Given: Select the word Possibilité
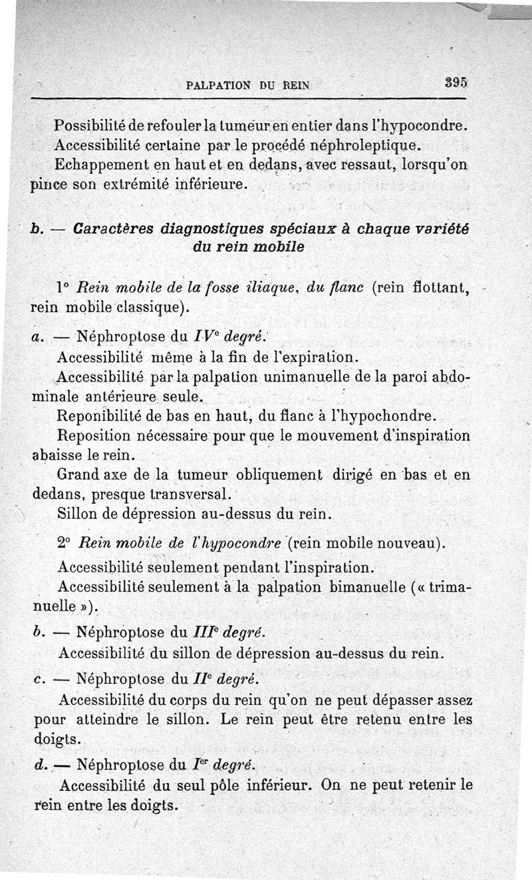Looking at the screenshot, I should pos(96,125).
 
